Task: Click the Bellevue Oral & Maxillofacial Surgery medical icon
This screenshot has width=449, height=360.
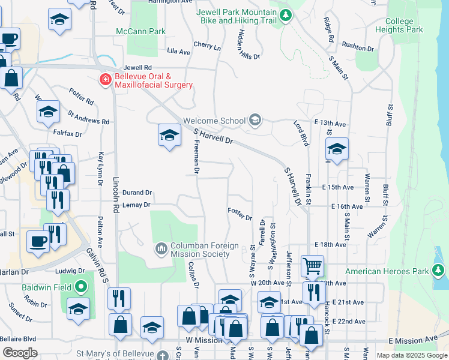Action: point(106,79)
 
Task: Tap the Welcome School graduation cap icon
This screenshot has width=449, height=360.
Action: point(255,121)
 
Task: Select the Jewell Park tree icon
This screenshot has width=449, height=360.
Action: point(287,15)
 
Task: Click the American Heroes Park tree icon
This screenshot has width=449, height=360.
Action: point(439,271)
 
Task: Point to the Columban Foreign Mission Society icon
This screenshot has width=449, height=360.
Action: point(161,248)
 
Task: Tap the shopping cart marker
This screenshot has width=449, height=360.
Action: point(312,265)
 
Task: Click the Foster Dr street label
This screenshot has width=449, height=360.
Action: point(240,214)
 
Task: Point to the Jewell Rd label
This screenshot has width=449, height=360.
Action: point(137,68)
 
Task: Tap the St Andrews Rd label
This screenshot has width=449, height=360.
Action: point(88,116)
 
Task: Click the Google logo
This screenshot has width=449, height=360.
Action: point(20,352)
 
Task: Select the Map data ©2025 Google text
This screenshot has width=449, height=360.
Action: point(412,356)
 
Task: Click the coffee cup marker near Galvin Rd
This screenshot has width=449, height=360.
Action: point(38,242)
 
